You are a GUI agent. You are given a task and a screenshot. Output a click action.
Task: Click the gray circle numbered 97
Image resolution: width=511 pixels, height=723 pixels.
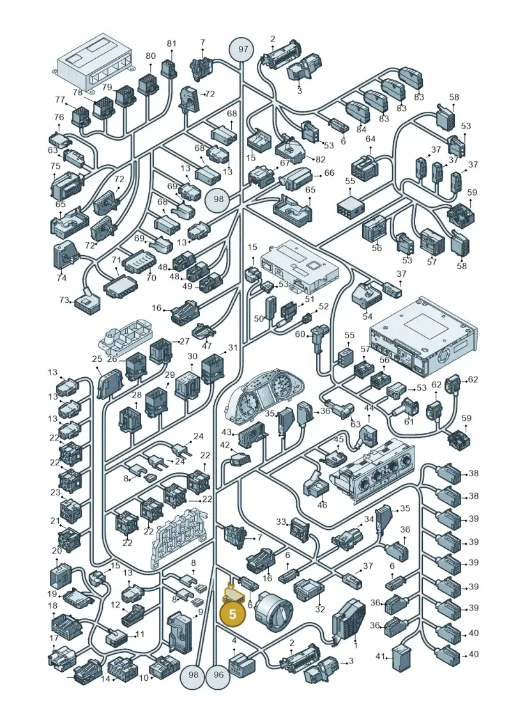[243, 49]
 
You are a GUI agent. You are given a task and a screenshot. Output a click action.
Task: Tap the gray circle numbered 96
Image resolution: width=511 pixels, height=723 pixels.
[218, 674]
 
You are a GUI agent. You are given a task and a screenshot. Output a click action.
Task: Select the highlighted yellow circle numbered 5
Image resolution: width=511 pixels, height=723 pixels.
[233, 614]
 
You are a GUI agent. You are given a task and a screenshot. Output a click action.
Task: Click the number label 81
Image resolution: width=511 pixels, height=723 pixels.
[171, 43]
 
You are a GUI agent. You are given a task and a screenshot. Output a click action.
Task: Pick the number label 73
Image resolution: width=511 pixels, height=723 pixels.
[64, 300]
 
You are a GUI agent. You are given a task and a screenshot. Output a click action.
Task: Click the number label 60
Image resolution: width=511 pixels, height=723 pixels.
[300, 334]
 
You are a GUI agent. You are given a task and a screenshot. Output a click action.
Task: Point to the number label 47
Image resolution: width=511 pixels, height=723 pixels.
[207, 346]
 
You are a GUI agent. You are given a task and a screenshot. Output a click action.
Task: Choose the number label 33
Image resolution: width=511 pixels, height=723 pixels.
[281, 522]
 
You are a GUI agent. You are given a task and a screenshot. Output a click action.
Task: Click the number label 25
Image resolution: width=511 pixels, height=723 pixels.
[96, 359]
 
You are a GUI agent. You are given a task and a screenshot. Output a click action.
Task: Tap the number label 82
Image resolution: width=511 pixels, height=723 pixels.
[320, 159]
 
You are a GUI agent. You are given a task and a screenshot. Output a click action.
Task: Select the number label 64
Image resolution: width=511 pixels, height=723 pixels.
[370, 139]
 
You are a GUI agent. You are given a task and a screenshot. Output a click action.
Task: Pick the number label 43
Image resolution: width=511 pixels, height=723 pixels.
[227, 433]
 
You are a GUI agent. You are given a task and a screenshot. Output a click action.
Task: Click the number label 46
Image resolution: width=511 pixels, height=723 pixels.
[322, 505]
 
